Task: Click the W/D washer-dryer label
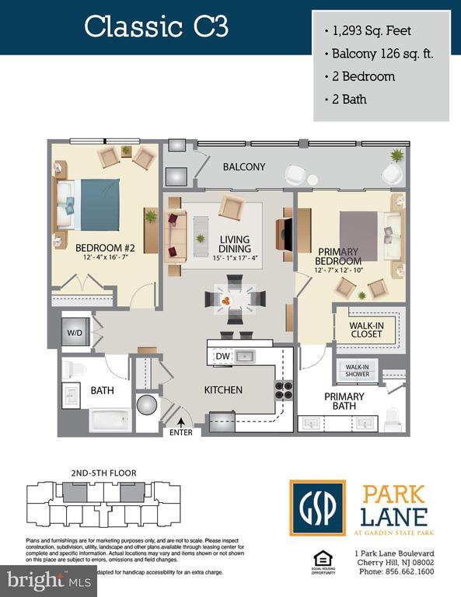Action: point(75,333)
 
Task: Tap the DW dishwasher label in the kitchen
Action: point(222,356)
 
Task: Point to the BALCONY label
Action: point(244,167)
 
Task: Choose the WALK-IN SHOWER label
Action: point(357,370)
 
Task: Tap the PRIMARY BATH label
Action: point(344,401)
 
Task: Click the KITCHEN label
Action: point(224,389)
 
